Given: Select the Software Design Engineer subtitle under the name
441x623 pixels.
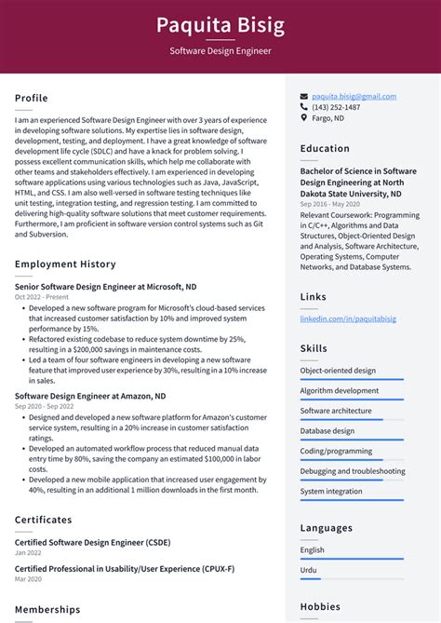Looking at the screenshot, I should point(220,51).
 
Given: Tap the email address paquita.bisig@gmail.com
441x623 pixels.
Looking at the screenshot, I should point(354,96).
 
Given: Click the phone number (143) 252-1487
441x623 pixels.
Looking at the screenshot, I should point(336,107).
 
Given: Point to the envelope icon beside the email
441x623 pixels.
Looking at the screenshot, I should point(304,96).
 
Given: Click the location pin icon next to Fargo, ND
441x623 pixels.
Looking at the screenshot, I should point(304,118).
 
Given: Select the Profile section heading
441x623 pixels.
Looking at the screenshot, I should point(32,98).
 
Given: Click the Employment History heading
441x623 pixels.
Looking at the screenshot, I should point(65,264).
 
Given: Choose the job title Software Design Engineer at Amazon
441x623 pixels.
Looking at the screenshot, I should point(90,396).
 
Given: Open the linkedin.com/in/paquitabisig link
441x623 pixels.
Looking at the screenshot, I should point(347,318).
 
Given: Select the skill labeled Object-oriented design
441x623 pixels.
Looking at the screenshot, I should point(338,370).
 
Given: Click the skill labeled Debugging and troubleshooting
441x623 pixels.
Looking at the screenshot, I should point(352,471).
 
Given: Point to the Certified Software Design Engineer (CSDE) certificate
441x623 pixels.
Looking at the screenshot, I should point(92,542).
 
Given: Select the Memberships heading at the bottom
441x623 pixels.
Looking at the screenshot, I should point(47,609).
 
